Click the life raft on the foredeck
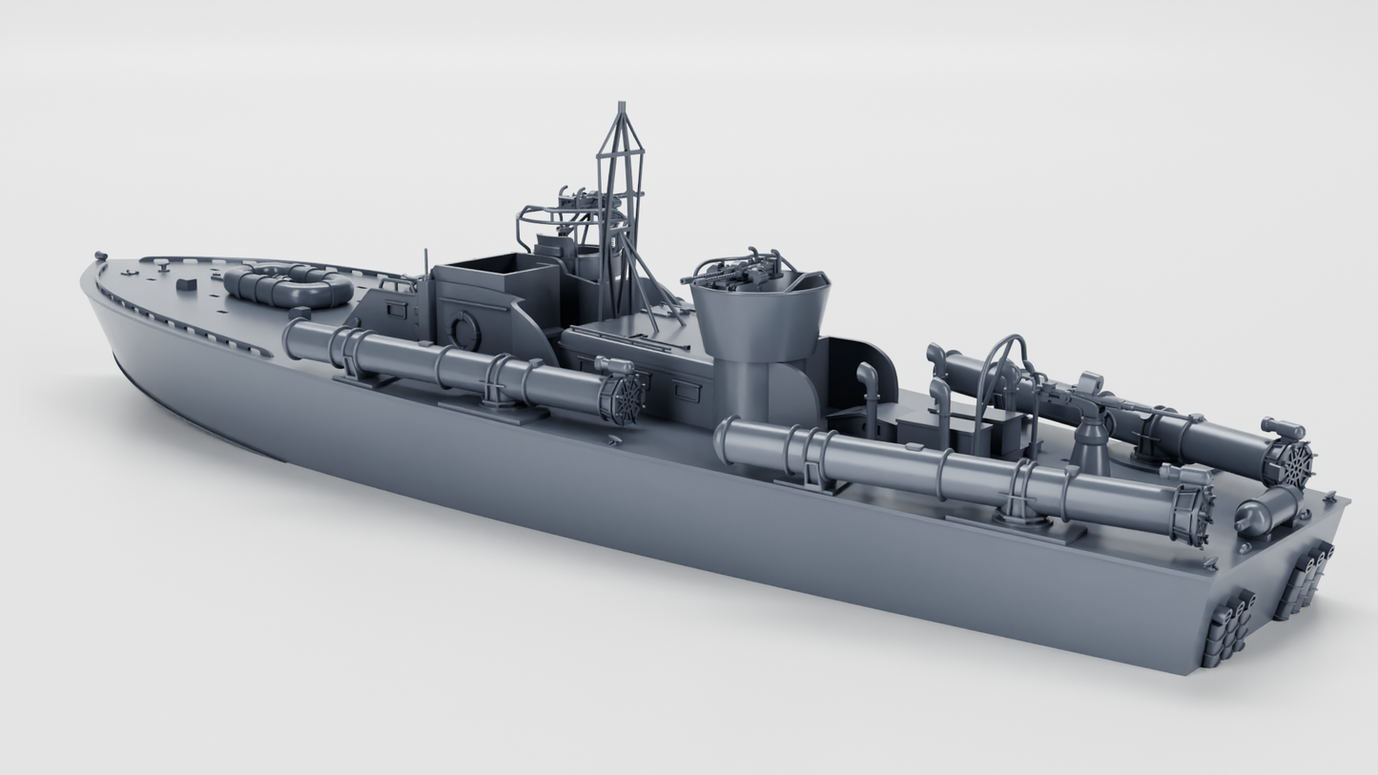coord(288,285)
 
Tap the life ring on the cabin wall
coord(464,330)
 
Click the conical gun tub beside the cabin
coord(759,314)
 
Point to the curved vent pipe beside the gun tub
coord(868,391)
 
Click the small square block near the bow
coord(187,283)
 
